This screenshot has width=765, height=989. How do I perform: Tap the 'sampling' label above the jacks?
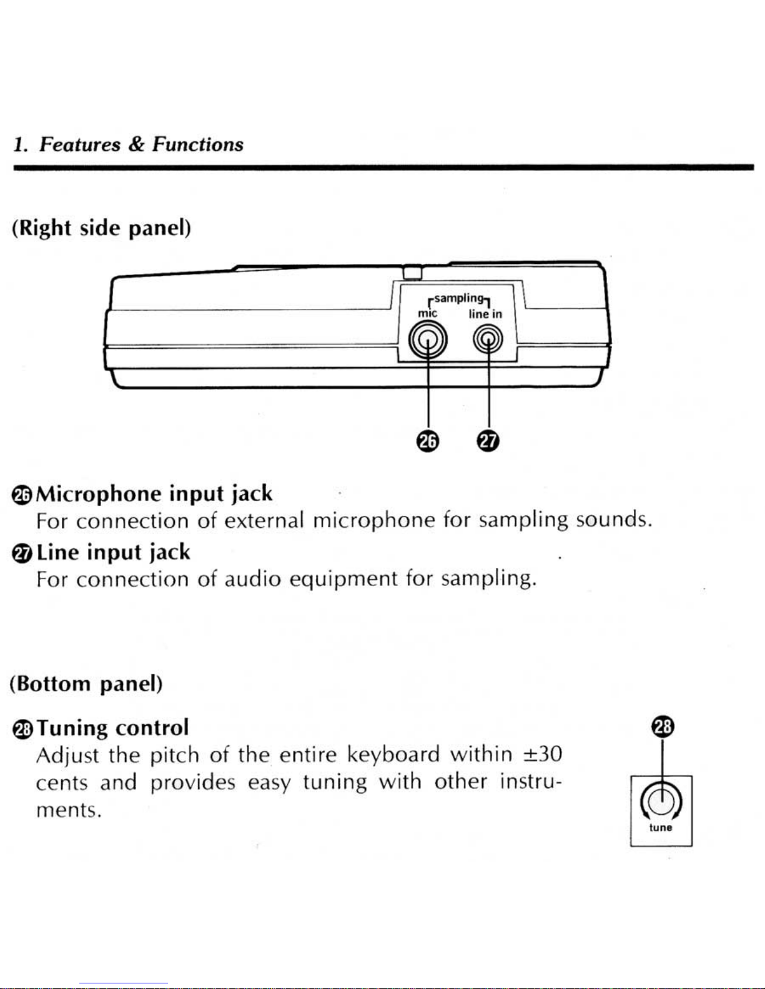pos(458,299)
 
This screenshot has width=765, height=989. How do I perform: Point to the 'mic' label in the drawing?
pos(428,313)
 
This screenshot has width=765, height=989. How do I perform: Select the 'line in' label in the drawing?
pos(485,314)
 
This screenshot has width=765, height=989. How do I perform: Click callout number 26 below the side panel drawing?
pos(428,441)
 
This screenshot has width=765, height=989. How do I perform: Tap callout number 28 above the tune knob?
pos(661,727)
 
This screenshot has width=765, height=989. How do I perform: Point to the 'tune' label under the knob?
pos(661,828)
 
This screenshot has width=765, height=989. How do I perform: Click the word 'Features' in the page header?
pos(80,145)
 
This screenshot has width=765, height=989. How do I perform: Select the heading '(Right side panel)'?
pos(101,228)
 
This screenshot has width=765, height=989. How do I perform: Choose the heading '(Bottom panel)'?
pos(86,684)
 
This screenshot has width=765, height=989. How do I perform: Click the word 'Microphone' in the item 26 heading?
pos(99,494)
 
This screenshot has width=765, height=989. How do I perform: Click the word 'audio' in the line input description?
pos(252,580)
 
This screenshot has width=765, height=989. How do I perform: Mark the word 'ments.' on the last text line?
pos(69,811)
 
